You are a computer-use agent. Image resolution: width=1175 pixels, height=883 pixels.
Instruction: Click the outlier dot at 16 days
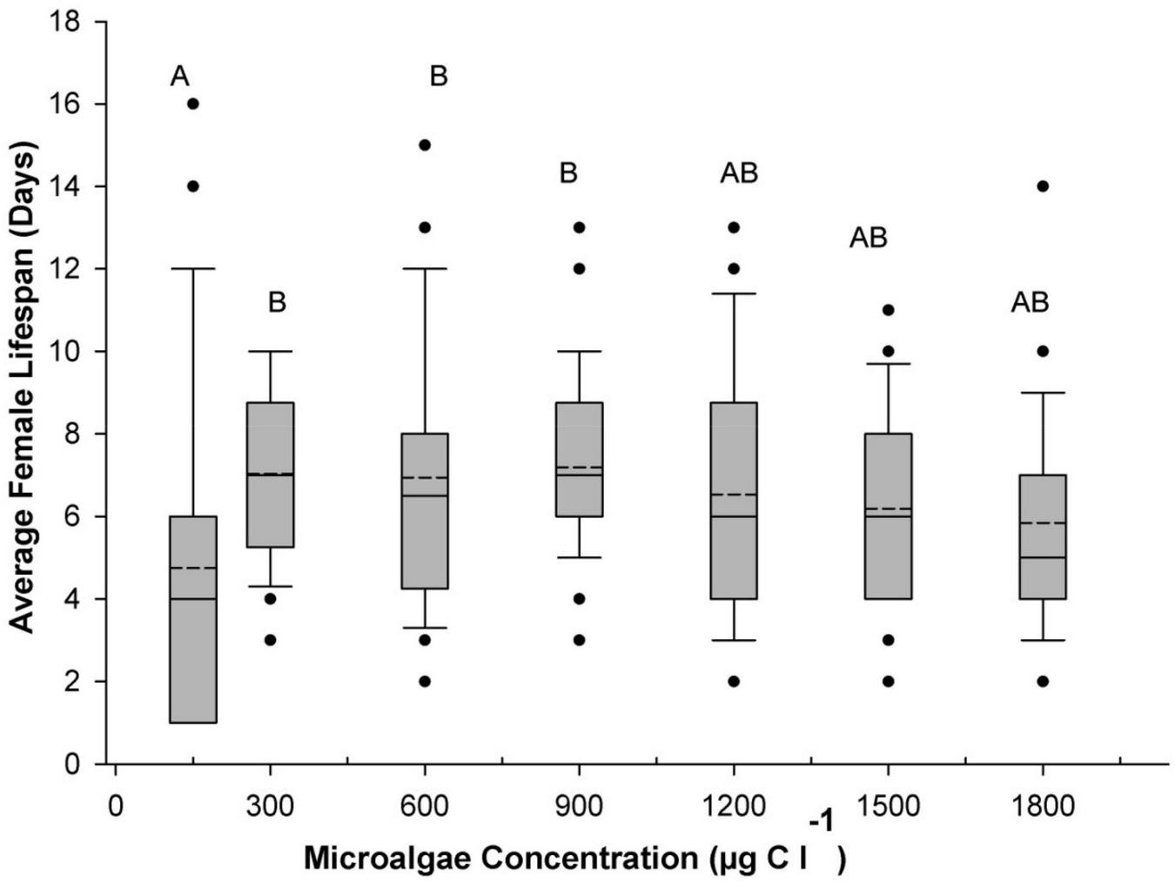193,104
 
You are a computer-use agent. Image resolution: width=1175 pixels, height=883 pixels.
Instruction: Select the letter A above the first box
179,77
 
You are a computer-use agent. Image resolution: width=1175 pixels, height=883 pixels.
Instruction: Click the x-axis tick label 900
578,805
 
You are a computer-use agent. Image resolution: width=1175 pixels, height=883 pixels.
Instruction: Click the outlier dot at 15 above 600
425,145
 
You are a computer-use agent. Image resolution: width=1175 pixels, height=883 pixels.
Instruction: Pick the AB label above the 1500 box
868,237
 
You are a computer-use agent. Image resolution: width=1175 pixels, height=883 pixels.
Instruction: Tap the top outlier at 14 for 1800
1043,186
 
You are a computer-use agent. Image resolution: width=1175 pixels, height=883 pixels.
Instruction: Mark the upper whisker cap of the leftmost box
193,269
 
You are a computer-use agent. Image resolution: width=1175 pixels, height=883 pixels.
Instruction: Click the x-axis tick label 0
115,805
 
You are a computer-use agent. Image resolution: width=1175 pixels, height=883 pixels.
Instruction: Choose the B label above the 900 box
568,172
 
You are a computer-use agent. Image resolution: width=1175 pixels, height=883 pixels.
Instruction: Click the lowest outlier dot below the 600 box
425,681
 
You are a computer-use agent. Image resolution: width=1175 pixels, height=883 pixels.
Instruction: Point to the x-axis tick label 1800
1043,805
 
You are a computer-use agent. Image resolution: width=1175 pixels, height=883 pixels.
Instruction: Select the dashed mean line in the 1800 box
1043,522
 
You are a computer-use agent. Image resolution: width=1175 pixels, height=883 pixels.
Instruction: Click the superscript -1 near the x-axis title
822,821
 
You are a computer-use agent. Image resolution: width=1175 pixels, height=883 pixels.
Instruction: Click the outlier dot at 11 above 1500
888,310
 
